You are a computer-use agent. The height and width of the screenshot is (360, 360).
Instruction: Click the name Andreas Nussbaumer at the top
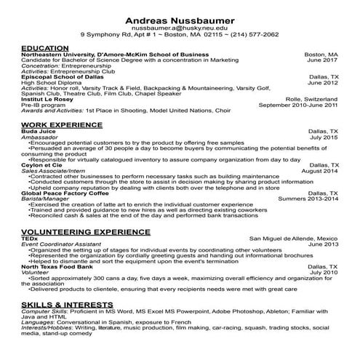point(180,19)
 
